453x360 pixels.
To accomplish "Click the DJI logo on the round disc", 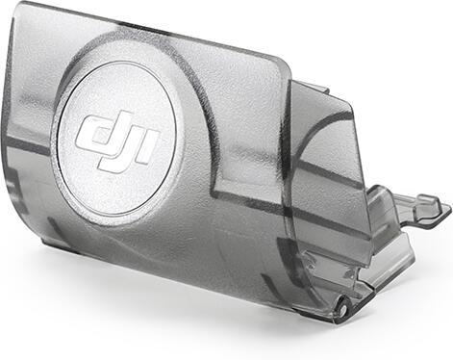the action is pos(117,141).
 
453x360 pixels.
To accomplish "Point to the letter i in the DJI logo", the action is pos(149,147).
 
